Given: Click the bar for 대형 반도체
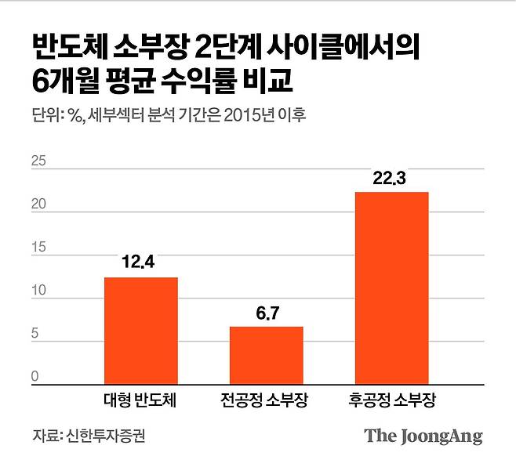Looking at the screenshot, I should [141, 329].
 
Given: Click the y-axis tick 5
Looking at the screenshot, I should [35, 335].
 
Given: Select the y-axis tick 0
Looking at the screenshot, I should [35, 377].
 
